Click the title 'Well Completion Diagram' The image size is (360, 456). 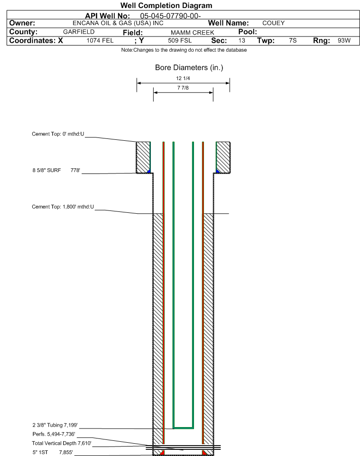click(166, 6)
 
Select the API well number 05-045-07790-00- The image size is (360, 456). click(171, 16)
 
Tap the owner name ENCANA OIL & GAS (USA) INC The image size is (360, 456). click(118, 23)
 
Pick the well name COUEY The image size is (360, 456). click(274, 23)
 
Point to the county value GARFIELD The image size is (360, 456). click(79, 32)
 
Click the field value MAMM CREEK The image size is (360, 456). click(193, 33)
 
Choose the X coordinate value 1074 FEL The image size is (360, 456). click(100, 40)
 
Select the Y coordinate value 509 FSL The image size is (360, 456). click(180, 40)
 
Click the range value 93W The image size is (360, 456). click(344, 40)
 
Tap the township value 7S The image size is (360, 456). click(293, 40)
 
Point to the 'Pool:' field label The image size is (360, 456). click(248, 32)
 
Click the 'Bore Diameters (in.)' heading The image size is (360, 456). click(189, 68)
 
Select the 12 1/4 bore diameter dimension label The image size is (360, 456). click(183, 78)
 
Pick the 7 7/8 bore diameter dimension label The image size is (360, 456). click(183, 88)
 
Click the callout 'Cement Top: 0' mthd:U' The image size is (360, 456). click(58, 134)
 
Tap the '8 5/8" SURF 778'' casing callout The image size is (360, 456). click(56, 171)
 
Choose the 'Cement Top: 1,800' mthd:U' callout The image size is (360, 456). click(63, 207)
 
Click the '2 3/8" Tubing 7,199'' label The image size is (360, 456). click(55, 425)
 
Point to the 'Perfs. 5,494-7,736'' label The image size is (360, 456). click(54, 434)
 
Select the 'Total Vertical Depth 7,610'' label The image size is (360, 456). click(62, 443)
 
